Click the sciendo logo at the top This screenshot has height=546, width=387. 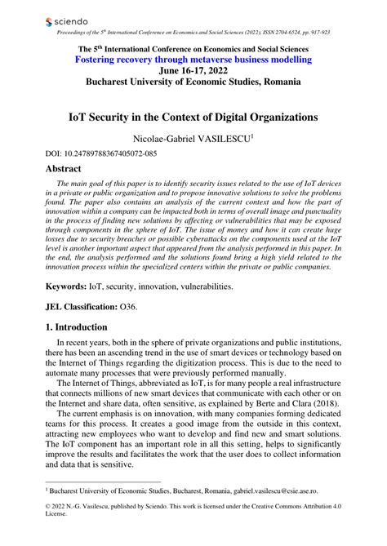coord(66,19)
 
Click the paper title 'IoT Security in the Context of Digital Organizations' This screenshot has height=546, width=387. coord(193,117)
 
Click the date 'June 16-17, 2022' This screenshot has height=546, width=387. coord(193,71)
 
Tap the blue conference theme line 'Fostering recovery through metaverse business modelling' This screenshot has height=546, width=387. coord(193,60)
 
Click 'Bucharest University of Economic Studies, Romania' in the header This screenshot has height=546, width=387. coord(193,83)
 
